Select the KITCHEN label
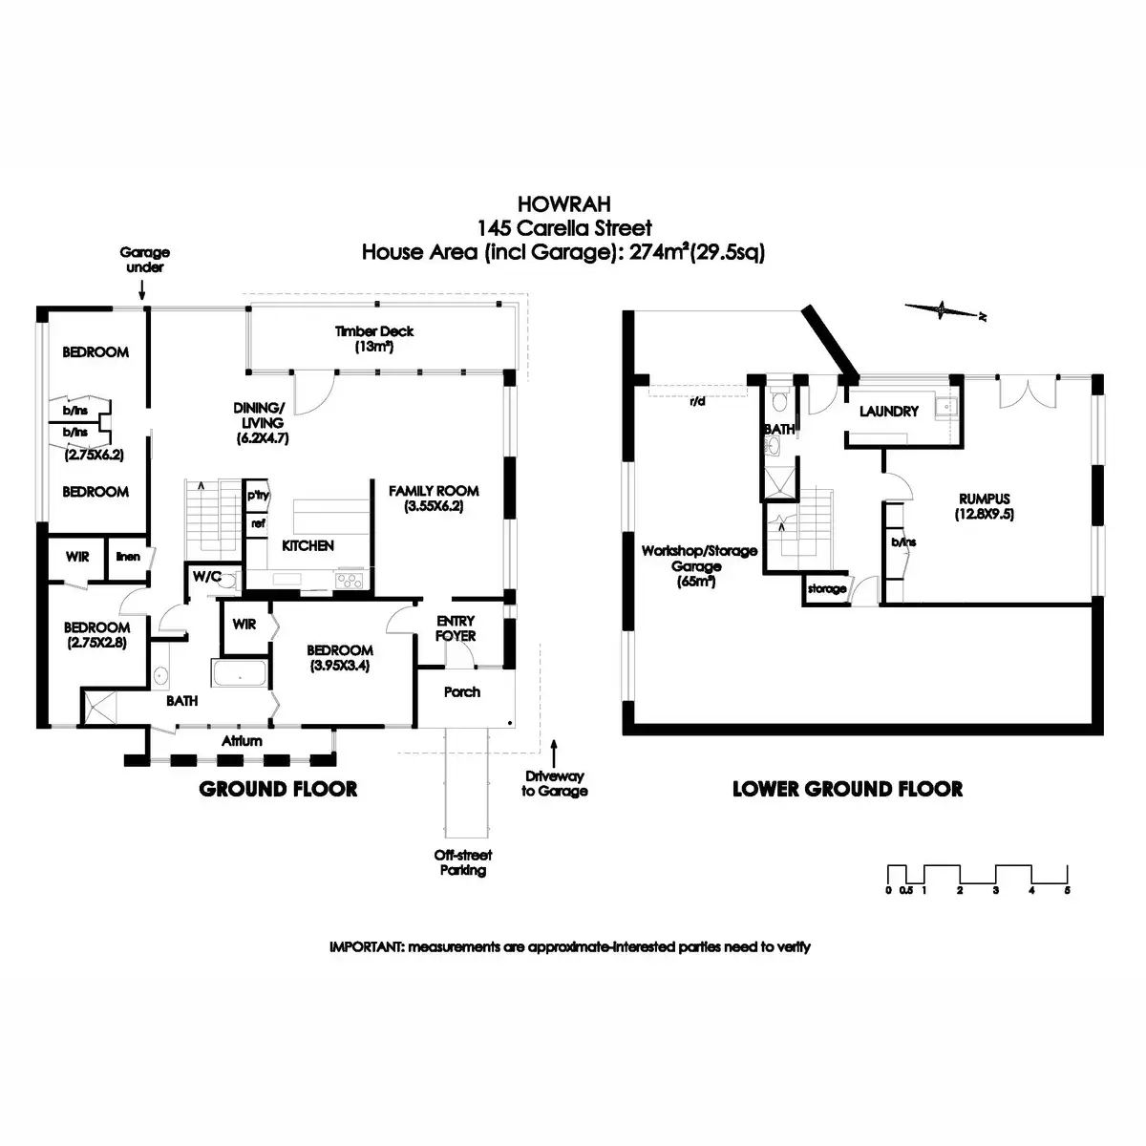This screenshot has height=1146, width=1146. coord(308,545)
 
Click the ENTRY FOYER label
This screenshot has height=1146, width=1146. coord(456,628)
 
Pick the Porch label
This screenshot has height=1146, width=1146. coord(462,691)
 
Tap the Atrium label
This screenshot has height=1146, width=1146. coord(242,740)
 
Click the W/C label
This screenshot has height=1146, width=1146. coord(206,576)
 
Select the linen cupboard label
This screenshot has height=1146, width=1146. coord(128,557)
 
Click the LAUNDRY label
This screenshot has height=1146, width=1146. coord(888,412)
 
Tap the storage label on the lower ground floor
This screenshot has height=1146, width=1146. coord(826,589)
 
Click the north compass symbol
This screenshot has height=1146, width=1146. coord(944,308)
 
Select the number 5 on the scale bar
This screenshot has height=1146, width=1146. coord(1067,889)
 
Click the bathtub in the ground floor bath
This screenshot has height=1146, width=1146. coord(240,675)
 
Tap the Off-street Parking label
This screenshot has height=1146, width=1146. coord(462,862)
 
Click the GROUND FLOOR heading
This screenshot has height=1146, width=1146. coord(278,789)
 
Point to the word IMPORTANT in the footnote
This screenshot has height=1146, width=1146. coord(366,947)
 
